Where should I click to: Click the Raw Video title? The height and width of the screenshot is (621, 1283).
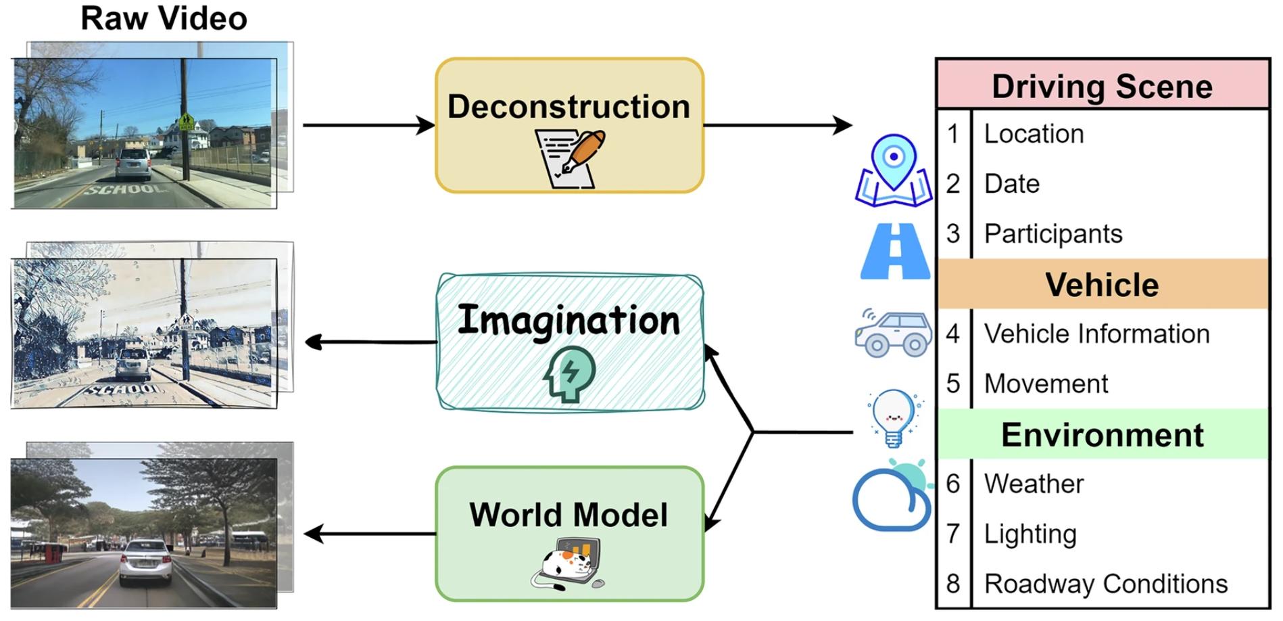[x=164, y=18]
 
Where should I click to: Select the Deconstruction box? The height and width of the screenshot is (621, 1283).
[x=569, y=125]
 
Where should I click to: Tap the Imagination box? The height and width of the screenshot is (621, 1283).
[x=569, y=342]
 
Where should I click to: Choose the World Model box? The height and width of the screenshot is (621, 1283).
[x=569, y=533]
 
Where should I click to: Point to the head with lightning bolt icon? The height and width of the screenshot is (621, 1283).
[x=569, y=374]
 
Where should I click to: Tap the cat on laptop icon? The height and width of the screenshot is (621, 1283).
[x=568, y=563]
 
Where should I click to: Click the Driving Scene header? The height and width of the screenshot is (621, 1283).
[x=1102, y=86]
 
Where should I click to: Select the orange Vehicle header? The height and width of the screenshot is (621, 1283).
[x=1102, y=284]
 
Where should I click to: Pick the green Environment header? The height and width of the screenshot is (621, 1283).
[x=1102, y=434]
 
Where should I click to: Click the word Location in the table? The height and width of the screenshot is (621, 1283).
[x=1034, y=134]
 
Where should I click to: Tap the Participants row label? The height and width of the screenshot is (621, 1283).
[x=1052, y=234]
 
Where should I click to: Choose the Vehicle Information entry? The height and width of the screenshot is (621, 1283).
[x=1096, y=334]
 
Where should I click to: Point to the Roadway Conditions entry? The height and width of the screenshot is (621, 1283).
[x=1105, y=584]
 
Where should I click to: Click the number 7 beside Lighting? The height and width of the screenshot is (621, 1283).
[x=953, y=534]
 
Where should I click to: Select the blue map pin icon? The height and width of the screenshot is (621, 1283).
[x=894, y=169]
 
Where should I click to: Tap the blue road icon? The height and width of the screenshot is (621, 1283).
[x=895, y=251]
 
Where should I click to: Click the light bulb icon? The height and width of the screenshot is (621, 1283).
[x=894, y=417]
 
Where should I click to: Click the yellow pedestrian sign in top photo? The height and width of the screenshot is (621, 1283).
[x=187, y=122]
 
